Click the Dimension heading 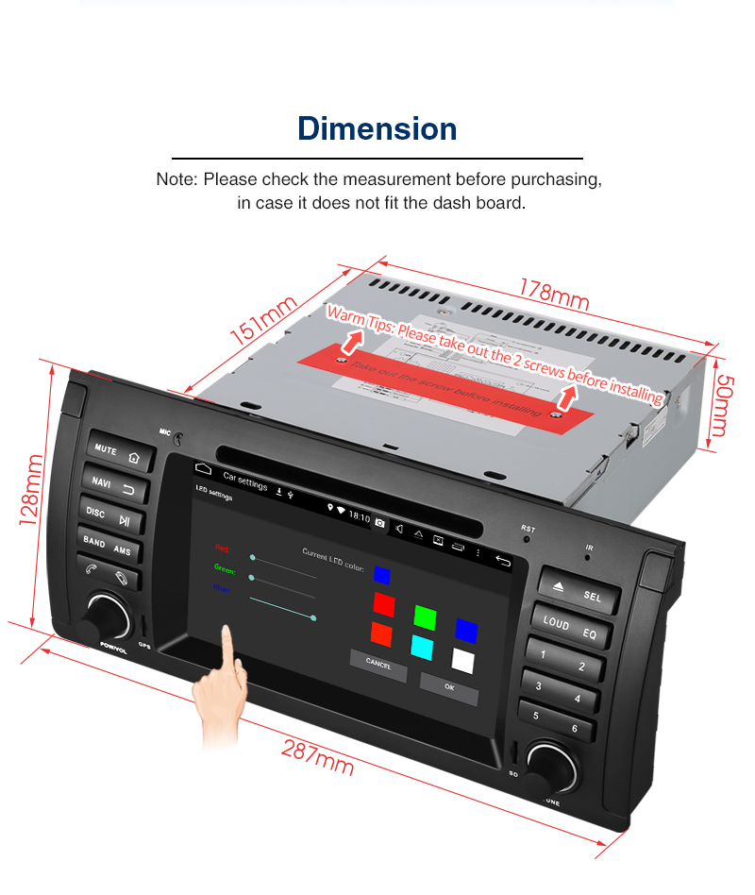(x=377, y=128)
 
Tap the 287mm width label (x=317, y=756)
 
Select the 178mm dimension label (x=554, y=295)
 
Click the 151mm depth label (x=263, y=322)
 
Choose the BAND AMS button (x=108, y=546)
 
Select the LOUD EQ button (x=569, y=628)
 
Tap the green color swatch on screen (x=425, y=616)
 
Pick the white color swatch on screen (x=463, y=659)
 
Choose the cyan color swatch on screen (x=422, y=646)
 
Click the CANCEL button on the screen (x=378, y=663)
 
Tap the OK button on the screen (x=449, y=687)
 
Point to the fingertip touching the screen (x=227, y=631)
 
